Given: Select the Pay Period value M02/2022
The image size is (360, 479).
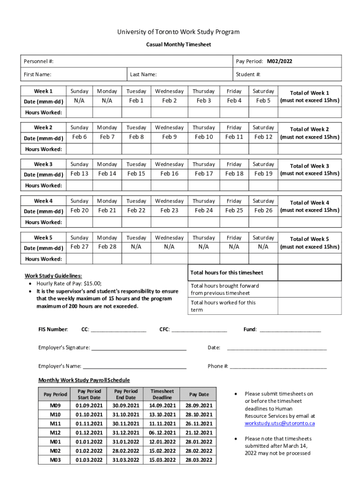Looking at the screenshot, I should (280, 61).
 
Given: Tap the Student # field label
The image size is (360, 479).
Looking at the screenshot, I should (248, 74).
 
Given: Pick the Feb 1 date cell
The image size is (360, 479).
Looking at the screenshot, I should (136, 101).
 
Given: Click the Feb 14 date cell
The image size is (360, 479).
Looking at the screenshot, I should (107, 174).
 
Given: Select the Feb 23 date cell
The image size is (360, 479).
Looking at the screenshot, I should (169, 210).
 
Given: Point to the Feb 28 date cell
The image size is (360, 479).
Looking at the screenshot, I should (107, 247).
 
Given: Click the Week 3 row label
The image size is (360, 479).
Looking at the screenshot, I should (43, 164).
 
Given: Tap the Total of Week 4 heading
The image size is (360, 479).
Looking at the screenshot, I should (310, 203).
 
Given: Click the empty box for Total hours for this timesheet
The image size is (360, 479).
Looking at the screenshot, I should (310, 273).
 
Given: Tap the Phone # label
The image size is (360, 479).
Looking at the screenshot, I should (218, 366).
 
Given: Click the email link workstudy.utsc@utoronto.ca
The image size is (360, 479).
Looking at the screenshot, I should (280, 423).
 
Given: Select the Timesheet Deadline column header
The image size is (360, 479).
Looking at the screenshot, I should (162, 394).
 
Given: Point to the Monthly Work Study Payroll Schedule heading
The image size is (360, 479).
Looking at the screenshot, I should (84, 380).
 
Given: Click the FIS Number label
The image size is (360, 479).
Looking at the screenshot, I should (53, 329).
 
